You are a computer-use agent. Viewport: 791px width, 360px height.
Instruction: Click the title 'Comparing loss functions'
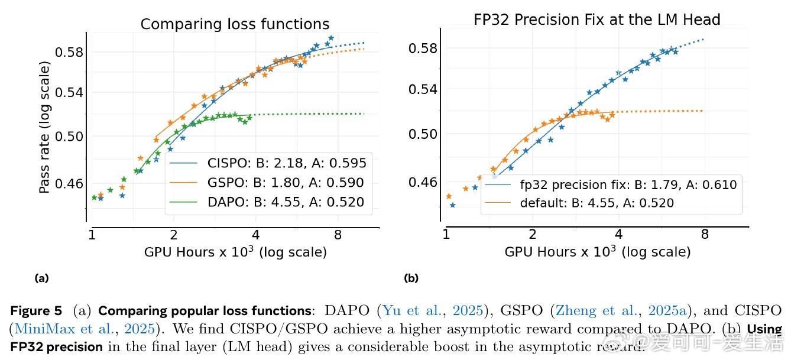point(235,24)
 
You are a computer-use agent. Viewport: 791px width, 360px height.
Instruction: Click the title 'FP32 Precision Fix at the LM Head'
point(597,20)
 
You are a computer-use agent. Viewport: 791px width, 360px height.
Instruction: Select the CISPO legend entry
point(287,163)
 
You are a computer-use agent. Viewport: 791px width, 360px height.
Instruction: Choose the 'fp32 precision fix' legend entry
point(628,184)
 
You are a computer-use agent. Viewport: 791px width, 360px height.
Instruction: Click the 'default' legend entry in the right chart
point(597,203)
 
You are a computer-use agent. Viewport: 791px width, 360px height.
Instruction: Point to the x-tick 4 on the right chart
point(618,233)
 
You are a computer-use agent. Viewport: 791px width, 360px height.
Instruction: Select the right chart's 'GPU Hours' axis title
point(597,252)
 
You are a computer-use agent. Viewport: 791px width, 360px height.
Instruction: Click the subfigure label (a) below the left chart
point(41,278)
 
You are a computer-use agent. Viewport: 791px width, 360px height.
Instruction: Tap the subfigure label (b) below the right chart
point(410,278)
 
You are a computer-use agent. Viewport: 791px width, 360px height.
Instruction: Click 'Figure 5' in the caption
point(35,311)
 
